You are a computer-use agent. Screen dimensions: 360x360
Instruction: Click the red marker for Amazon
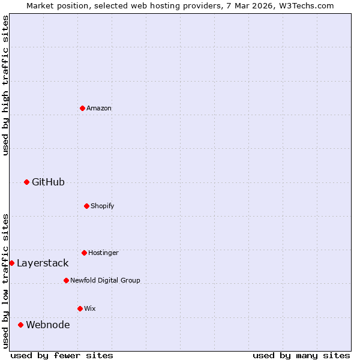82,108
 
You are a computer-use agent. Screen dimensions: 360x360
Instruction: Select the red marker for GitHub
26,182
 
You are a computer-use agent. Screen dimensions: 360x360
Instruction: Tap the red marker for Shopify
86,206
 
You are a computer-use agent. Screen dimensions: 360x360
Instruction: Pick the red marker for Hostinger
84,253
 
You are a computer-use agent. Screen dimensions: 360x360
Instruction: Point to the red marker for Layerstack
11,263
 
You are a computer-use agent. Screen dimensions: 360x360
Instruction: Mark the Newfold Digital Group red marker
66,280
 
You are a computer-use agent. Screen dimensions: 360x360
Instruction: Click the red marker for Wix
80,308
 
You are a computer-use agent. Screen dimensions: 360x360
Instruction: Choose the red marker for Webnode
20,325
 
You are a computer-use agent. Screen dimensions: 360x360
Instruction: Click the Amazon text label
99,108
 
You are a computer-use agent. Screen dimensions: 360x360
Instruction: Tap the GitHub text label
48,182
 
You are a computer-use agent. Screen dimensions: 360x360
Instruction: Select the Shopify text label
103,206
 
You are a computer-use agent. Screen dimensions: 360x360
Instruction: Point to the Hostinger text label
103,253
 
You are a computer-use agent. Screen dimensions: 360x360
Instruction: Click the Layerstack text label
43,263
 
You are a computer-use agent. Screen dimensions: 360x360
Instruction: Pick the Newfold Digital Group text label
105,280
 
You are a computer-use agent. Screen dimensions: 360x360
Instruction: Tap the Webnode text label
47,325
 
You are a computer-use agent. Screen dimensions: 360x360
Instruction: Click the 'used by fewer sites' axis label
62,355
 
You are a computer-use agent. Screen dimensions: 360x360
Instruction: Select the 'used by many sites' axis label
301,355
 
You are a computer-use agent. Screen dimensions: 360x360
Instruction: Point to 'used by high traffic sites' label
5,85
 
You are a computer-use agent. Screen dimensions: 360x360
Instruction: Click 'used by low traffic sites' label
5,281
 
